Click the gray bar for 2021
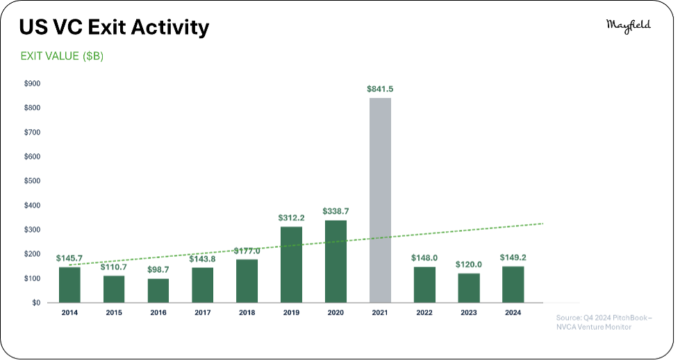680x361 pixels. coord(380,200)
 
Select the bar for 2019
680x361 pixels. coord(292,265)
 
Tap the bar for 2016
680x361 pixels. coord(158,290)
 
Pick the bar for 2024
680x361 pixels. coord(513,285)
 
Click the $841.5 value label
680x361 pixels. coord(380,89)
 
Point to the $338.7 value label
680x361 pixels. coord(335,211)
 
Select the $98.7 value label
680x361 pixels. coord(158,269)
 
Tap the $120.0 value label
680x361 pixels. coord(469,265)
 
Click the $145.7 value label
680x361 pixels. coord(69,258)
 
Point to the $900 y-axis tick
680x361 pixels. coord(32,83)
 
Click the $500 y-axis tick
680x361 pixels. coord(32,180)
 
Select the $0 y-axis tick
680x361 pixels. coord(36,303)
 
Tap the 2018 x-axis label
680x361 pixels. coord(247,312)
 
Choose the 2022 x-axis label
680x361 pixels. coord(424,312)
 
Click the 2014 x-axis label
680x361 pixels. coord(69,312)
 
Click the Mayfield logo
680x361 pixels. coord(629,26)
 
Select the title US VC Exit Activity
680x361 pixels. coord(114,27)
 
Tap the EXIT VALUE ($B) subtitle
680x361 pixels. coord(62,56)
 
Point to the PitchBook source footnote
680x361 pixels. coord(604,322)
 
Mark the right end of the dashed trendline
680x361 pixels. coord(543,224)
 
